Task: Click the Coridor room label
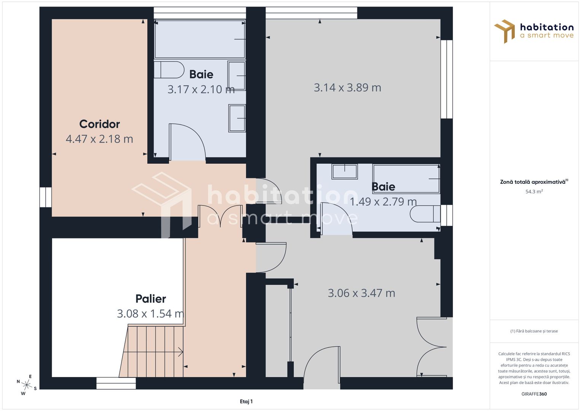[99, 124]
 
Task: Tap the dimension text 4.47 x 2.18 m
[99, 139]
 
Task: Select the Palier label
[151, 299]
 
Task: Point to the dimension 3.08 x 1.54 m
[151, 314]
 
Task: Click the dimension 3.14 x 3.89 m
[347, 88]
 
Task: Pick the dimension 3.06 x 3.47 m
[361, 293]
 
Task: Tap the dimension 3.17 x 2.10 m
[201, 89]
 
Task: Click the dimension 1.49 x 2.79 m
[384, 202]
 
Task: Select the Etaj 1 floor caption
[246, 401]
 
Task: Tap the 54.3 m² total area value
[534, 191]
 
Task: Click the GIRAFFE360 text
[534, 394]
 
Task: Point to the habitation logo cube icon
[505, 31]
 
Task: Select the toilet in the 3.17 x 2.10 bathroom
[169, 70]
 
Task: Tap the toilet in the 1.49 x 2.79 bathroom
[425, 214]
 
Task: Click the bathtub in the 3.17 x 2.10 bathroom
[200, 39]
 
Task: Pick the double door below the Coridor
[220, 216]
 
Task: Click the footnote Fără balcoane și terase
[534, 331]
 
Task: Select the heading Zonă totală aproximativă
[533, 182]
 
